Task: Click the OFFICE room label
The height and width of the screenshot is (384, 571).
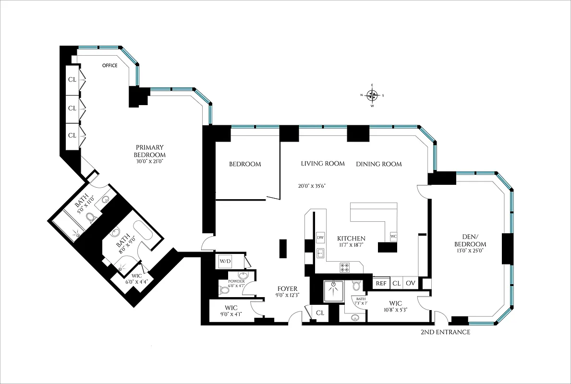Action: click(109, 66)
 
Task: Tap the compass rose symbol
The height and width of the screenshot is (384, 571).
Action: click(372, 95)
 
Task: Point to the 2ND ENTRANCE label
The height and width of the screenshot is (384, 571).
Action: click(445, 332)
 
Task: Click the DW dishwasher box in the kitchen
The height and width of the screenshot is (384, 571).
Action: click(320, 238)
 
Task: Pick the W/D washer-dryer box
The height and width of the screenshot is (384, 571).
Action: click(225, 261)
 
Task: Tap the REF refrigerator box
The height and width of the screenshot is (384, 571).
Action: click(381, 283)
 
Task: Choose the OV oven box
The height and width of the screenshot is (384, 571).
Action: click(411, 283)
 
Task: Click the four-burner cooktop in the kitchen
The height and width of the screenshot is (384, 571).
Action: click(345, 267)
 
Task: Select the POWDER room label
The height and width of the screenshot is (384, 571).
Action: click(236, 282)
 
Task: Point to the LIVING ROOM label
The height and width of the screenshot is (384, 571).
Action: click(323, 164)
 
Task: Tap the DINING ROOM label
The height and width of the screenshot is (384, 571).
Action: click(378, 164)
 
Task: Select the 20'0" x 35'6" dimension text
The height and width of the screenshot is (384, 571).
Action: click(314, 186)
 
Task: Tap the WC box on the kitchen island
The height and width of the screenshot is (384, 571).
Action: click(393, 237)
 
